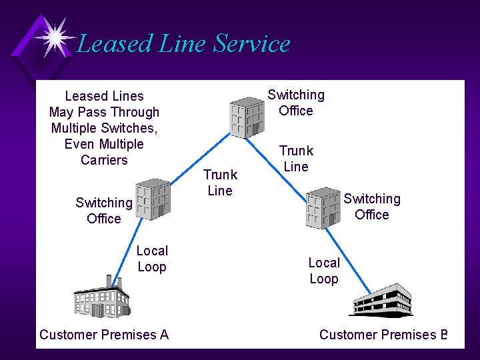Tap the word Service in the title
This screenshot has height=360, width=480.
click(252, 44)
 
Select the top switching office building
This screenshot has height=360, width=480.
click(246, 117)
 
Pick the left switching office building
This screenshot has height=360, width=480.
click(153, 198)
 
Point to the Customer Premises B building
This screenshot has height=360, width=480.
click(382, 301)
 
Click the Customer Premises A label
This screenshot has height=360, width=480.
click(104, 335)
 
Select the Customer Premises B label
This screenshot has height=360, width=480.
click(383, 335)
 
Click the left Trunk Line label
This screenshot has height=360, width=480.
click(220, 183)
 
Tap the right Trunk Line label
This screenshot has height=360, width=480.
click(296, 159)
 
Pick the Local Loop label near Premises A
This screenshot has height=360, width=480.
click(152, 259)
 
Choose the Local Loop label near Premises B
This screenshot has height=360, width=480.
click(324, 271)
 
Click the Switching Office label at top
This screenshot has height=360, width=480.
click(296, 103)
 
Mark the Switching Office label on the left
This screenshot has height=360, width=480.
click(104, 211)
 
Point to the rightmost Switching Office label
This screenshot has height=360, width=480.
click(372, 207)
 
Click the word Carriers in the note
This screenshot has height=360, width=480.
click(104, 160)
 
